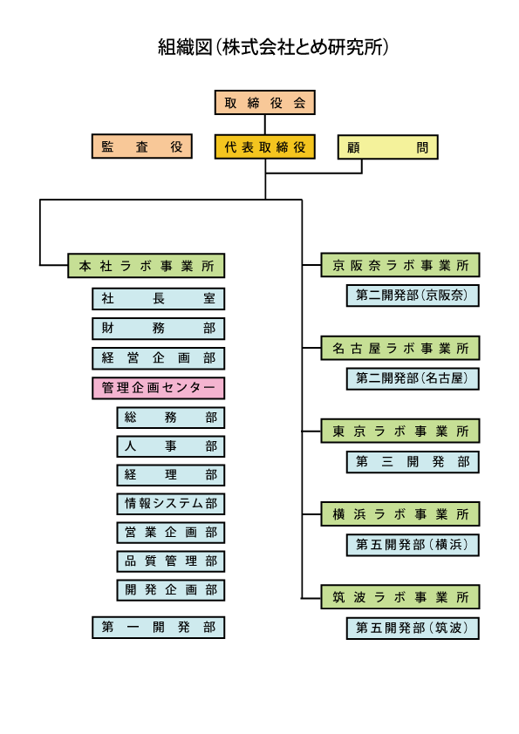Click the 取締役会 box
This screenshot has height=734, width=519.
tap(264, 103)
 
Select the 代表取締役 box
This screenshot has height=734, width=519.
tap(264, 146)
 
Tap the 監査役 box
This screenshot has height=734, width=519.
tap(142, 146)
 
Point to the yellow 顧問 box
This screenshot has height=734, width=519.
tap(388, 147)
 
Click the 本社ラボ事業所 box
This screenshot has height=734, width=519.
tap(147, 265)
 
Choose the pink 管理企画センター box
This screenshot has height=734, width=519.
tap(159, 388)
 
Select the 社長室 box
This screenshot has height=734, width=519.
tap(159, 299)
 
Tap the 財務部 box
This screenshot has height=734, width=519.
tap(159, 328)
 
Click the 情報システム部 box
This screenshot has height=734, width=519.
tap(170, 504)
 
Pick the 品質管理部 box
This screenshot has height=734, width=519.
tap(170, 561)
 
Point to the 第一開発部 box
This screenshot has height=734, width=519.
tap(159, 628)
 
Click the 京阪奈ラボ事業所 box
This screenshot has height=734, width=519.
tap(400, 265)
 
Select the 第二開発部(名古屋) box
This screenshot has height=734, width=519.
tap(413, 378)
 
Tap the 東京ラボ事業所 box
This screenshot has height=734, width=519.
tap(400, 431)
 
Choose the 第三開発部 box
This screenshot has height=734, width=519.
tap(413, 461)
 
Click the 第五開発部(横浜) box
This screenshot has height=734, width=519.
tap(413, 545)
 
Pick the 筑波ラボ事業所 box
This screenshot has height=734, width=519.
tap(400, 597)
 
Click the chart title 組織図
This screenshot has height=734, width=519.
tap(185, 47)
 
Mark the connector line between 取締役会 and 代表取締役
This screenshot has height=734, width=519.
tap(264, 125)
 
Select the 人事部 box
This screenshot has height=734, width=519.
tap(170, 446)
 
